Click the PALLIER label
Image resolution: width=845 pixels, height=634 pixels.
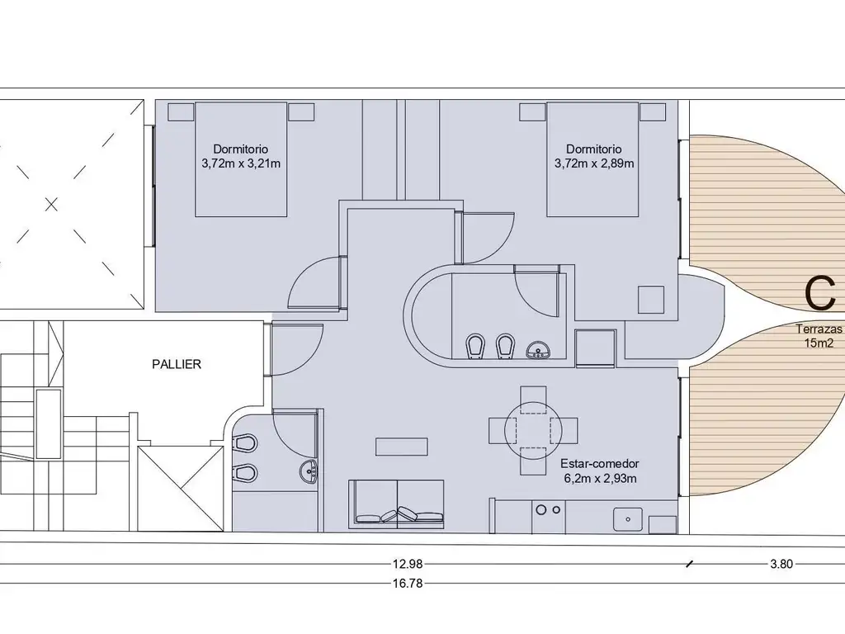point(177,364)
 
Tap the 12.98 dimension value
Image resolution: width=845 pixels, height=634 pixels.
point(408,564)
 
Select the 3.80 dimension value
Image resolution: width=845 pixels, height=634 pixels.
point(781,564)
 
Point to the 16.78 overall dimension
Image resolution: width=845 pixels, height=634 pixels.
point(408,583)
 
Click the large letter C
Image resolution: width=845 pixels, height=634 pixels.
point(819,294)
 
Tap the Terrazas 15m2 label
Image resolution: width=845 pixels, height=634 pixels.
point(819,336)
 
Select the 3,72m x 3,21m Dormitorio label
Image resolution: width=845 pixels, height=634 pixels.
point(241,156)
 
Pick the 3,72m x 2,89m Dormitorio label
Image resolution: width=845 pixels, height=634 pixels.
point(594,156)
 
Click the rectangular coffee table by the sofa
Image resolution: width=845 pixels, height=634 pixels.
point(402,447)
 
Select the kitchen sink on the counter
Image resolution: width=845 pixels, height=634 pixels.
point(627,520)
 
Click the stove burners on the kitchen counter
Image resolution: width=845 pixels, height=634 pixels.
point(548,509)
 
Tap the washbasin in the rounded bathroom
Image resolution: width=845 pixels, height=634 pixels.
point(536,350)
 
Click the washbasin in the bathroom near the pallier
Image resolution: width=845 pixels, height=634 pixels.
point(309,471)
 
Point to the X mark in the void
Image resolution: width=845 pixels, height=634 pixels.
point(51,205)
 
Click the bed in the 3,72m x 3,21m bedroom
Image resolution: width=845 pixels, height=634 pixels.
point(241,159)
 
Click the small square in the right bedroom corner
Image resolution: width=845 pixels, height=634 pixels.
point(651,300)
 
